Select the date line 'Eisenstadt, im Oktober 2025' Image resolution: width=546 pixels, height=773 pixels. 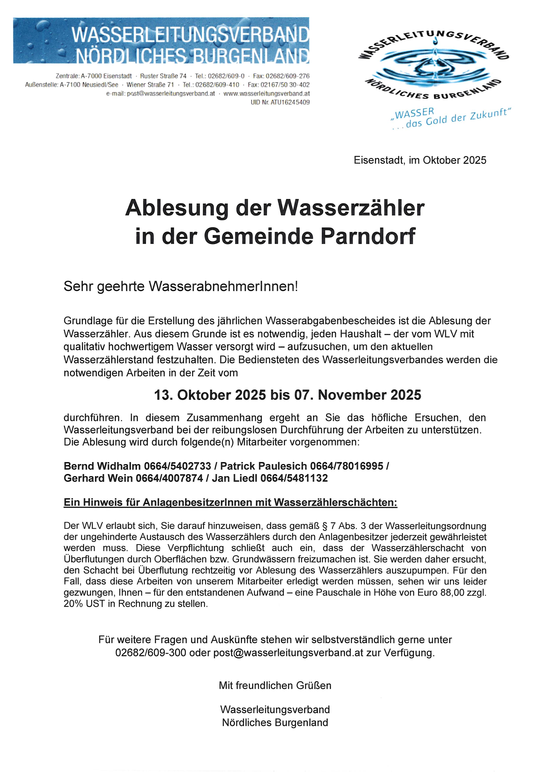[x=420, y=160]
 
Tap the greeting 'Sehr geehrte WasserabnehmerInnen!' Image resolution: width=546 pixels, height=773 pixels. [x=181, y=286]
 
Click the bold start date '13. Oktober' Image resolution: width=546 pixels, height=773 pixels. [x=192, y=395]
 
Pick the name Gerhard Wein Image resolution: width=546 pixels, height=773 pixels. [x=98, y=478]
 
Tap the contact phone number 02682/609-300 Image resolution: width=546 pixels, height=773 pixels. [x=151, y=653]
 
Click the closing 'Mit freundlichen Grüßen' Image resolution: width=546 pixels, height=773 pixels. [x=275, y=686]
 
